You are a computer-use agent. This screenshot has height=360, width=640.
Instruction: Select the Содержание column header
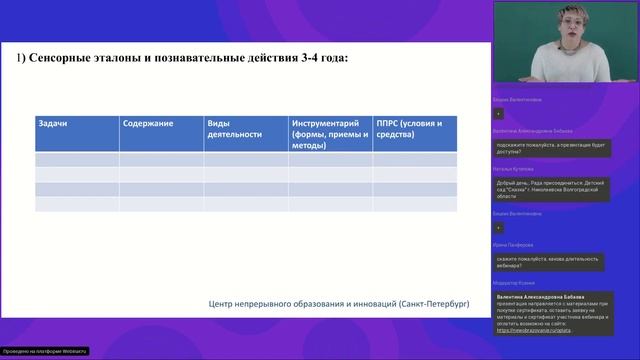(148, 123)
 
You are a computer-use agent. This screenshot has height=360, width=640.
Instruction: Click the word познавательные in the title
(189, 59)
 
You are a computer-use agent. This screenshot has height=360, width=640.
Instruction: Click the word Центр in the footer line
(222, 304)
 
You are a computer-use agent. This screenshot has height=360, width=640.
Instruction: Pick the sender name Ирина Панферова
(513, 244)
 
